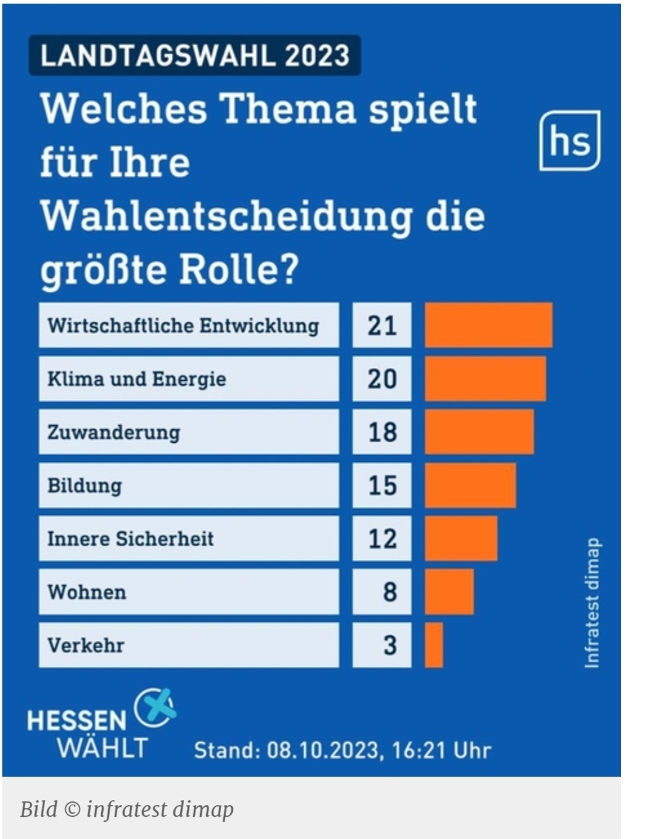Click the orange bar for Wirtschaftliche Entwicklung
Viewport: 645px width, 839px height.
[488, 325]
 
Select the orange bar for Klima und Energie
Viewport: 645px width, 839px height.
[485, 378]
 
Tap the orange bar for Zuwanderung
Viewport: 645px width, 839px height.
[479, 432]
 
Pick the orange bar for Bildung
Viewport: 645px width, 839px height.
[470, 485]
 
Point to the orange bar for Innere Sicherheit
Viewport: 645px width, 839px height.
[460, 538]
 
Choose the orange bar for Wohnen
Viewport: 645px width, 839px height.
[449, 592]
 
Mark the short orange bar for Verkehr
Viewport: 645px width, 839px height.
[434, 645]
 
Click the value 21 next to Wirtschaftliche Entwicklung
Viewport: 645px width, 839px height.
[382, 325]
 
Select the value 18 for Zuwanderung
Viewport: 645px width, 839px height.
[382, 432]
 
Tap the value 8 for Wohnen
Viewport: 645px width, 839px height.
[389, 592]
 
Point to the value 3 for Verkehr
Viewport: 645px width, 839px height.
[389, 645]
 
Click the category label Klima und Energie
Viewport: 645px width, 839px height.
[137, 378]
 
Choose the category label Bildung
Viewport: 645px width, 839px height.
[85, 485]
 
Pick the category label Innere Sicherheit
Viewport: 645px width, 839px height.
[130, 538]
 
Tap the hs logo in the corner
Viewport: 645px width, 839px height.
[569, 141]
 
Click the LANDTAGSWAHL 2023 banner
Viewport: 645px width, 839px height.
[195, 56]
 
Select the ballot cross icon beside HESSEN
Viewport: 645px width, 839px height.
[154, 708]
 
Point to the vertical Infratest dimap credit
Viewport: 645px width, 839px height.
[592, 603]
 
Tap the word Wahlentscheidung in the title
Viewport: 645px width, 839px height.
[226, 216]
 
